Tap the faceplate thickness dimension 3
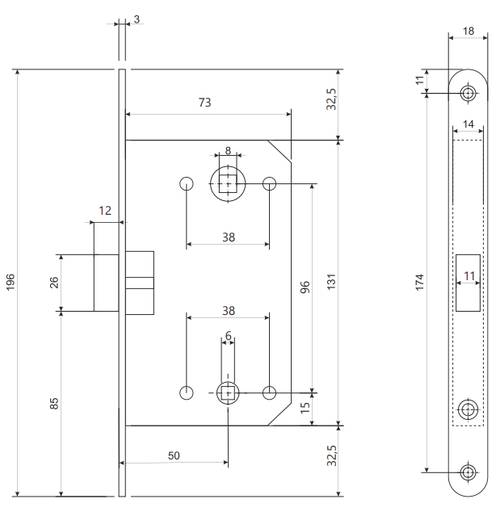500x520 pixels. (x=136, y=19)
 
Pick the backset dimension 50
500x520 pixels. (x=174, y=455)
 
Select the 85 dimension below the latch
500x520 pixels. (x=54, y=403)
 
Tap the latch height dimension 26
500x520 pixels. (x=54, y=281)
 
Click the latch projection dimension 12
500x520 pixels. (x=105, y=211)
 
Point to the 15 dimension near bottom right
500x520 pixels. (x=305, y=407)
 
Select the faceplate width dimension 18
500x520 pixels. (x=467, y=32)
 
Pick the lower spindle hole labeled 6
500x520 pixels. (x=228, y=391)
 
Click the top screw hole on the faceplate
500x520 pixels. (x=467, y=93)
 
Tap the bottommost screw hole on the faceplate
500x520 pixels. (x=467, y=473)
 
